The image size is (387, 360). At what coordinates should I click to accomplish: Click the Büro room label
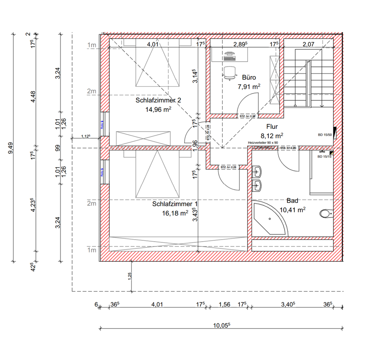249,77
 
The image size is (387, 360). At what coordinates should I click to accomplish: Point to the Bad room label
292,200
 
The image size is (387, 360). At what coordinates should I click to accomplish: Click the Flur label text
272,126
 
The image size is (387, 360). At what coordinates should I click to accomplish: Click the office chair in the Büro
230,71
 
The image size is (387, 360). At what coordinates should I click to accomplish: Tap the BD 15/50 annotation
324,135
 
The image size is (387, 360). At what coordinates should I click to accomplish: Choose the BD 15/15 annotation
324,157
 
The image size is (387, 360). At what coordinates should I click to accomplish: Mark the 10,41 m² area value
292,209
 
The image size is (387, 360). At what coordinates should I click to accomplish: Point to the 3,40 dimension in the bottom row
288,304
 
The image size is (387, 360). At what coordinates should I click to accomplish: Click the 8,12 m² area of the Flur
272,136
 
